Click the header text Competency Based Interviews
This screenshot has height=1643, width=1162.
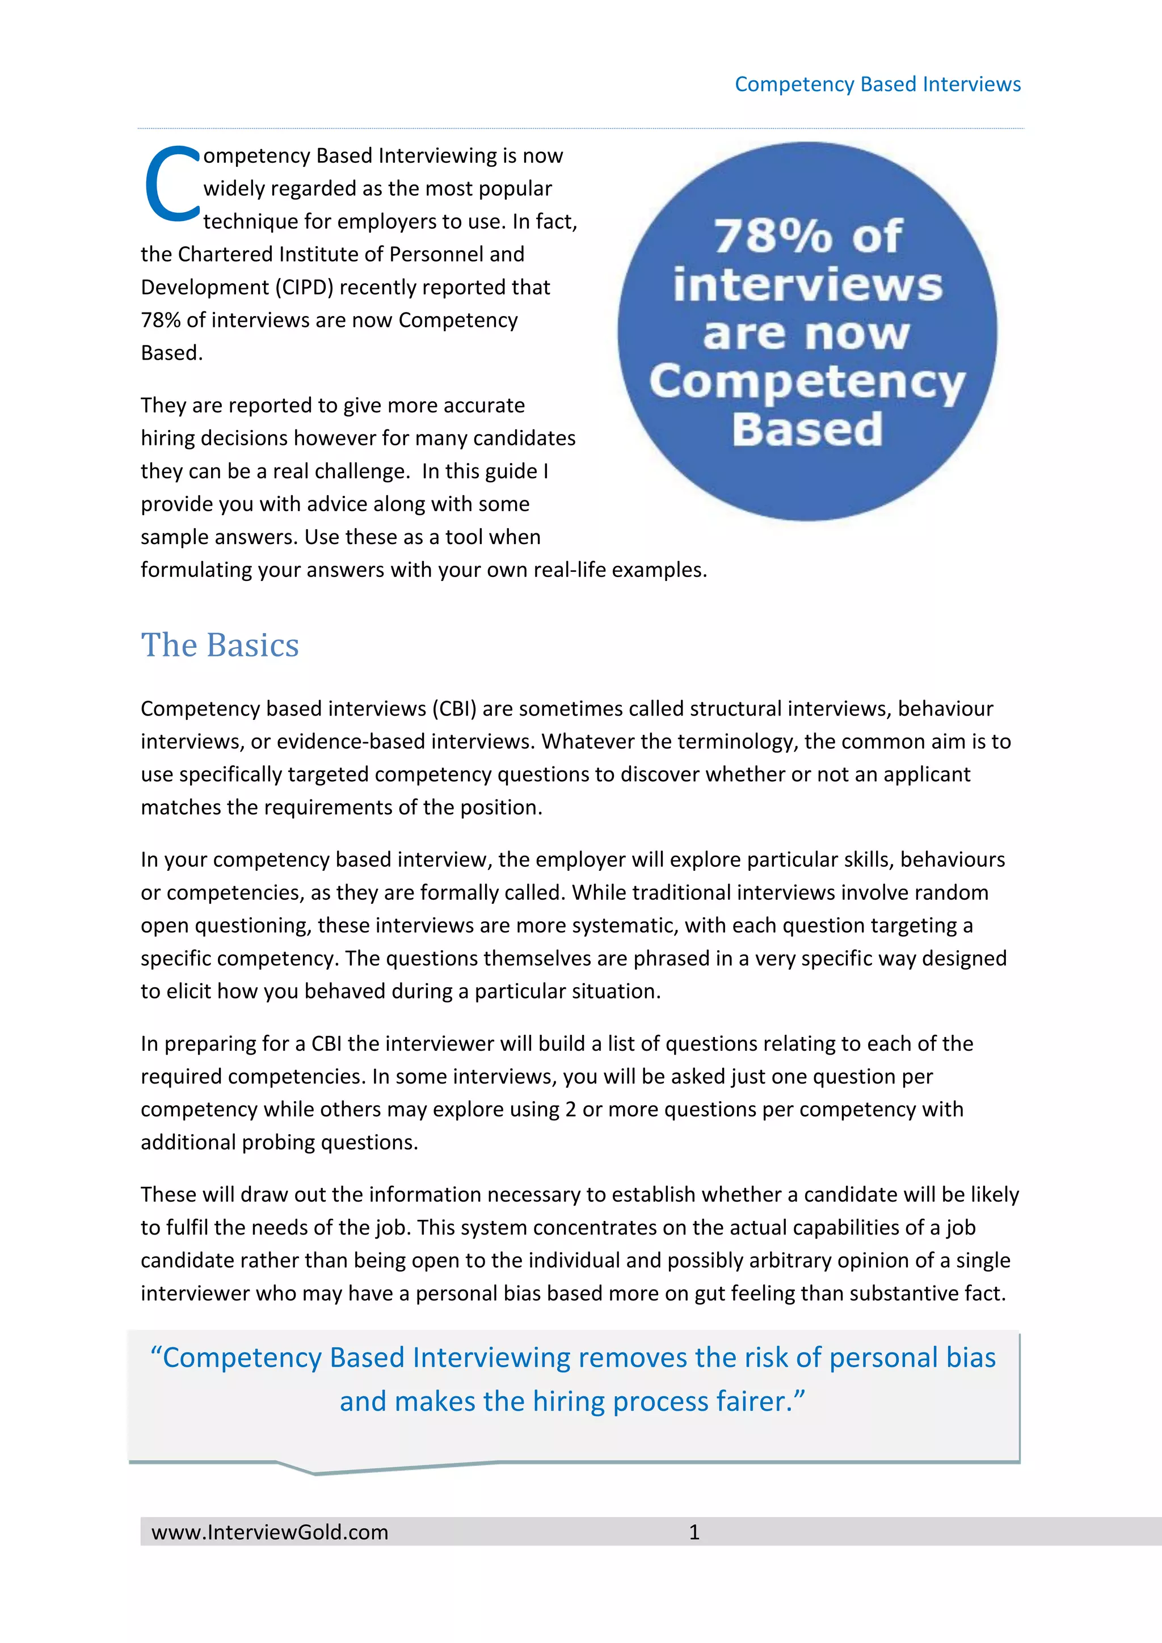pyautogui.click(x=877, y=85)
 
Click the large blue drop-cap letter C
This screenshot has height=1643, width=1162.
pyautogui.click(x=172, y=184)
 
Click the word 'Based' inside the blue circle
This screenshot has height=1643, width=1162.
pyautogui.click(x=807, y=429)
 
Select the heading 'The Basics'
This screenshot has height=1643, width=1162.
pyautogui.click(x=220, y=646)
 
